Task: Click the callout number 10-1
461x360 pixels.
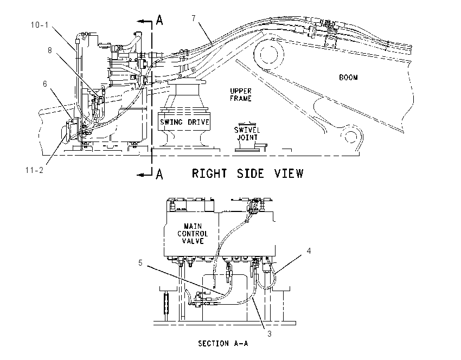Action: tap(40, 25)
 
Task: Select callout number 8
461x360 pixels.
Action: tap(50, 50)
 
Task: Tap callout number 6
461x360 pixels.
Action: tap(44, 84)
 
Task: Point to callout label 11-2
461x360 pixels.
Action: tap(34, 170)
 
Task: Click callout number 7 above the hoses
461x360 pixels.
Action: tap(194, 18)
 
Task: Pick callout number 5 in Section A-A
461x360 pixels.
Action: tap(140, 263)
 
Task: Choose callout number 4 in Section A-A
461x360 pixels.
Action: tap(309, 250)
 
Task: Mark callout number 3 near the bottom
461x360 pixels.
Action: tap(270, 334)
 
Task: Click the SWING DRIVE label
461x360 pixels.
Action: tap(184, 122)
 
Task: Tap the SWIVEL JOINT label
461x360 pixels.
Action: tap(247, 134)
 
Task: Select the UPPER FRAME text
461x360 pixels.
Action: tap(241, 95)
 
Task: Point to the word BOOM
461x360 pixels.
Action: tap(348, 78)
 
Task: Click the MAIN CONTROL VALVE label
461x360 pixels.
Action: tap(193, 234)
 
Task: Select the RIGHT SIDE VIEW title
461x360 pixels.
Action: tap(247, 173)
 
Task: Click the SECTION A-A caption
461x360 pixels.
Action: tap(223, 343)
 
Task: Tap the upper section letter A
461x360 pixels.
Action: tap(159, 20)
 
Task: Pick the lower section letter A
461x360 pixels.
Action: tap(159, 174)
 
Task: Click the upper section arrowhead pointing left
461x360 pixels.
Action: tap(142, 21)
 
